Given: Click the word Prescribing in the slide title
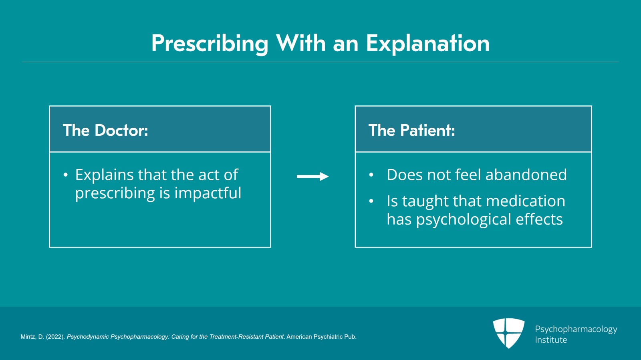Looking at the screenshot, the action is (210, 44).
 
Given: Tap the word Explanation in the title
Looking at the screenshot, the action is (428, 44).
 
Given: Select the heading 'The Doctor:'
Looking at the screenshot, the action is (105, 130).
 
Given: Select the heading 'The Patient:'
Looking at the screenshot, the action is (411, 130).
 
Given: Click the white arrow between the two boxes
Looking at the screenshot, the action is (313, 177).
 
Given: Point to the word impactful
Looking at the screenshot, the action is (208, 193).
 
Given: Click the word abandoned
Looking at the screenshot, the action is (526, 175).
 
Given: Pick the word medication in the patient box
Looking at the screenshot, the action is (525, 201).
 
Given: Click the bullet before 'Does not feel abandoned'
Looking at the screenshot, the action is (371, 175).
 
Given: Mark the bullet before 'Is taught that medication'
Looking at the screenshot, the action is (371, 201).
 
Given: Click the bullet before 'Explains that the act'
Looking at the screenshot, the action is (66, 175).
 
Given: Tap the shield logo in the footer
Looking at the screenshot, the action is (509, 333).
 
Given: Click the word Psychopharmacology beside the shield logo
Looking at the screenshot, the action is (576, 330).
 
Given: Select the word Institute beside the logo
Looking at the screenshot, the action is (551, 340).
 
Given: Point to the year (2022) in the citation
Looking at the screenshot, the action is (56, 337).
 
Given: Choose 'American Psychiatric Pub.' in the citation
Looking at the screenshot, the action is (321, 337).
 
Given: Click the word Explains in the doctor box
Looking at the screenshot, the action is (104, 175).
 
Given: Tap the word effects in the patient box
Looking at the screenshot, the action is (539, 219).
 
